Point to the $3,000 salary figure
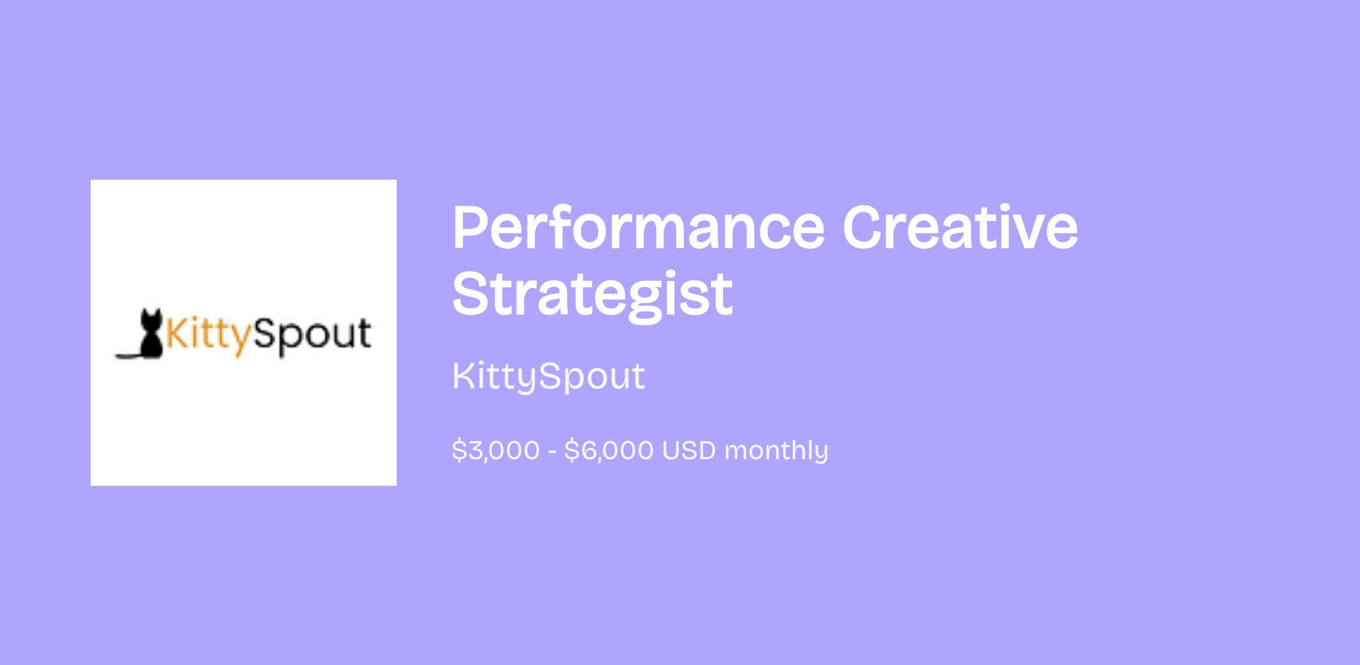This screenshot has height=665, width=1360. pyautogui.click(x=496, y=451)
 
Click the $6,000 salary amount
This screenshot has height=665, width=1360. pyautogui.click(x=609, y=451)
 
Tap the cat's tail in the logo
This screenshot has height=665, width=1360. pyautogui.click(x=127, y=355)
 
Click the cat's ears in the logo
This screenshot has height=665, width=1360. pyautogui.click(x=151, y=312)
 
